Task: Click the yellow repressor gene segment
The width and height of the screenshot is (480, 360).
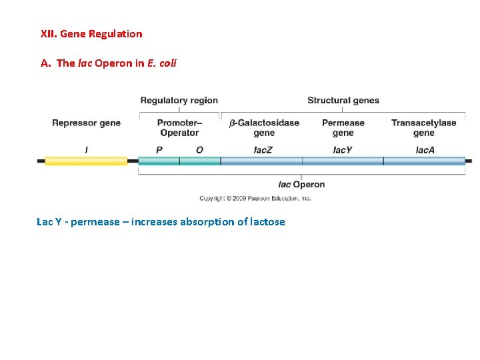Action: (86, 161)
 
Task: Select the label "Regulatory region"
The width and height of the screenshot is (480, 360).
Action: (179, 101)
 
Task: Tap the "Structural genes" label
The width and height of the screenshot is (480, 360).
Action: (343, 101)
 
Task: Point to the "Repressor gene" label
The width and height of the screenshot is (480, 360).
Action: (86, 123)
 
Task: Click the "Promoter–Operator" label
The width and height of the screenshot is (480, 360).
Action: (179, 127)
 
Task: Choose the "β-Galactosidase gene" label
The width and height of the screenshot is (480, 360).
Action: (264, 127)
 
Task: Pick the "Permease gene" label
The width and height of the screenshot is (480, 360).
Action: (343, 127)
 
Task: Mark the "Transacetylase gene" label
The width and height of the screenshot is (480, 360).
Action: (423, 127)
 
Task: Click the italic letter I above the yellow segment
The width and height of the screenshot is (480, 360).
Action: (86, 150)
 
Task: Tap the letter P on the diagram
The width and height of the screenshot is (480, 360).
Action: (159, 150)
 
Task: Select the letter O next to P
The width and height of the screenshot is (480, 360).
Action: (199, 150)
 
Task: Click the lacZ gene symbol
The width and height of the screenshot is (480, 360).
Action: (263, 150)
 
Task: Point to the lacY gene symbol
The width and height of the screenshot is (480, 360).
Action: (343, 150)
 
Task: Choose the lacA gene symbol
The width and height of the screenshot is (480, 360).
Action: (425, 150)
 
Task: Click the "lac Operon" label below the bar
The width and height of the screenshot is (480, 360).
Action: (301, 185)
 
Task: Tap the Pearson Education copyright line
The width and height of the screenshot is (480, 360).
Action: (255, 198)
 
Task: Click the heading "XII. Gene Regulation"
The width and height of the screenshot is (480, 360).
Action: (91, 33)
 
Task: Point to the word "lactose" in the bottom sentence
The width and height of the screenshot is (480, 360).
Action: (267, 222)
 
